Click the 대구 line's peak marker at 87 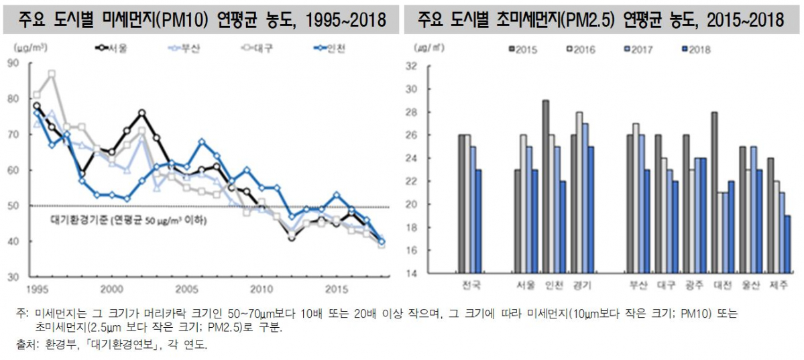pos(52,73)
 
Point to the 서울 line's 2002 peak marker pos(142,113)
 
